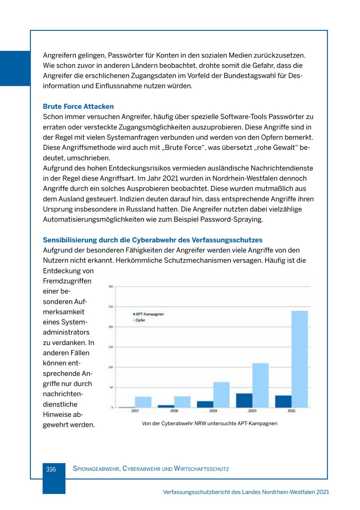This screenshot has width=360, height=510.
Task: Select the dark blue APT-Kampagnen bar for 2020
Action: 244,400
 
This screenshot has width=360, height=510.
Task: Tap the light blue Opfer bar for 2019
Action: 221,395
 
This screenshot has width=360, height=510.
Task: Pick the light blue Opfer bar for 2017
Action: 143,402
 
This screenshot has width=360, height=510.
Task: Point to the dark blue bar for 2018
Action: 166,406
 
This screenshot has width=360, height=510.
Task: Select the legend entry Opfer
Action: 140,320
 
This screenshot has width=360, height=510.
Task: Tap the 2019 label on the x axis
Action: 213,411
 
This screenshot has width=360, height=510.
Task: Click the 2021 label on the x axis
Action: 291,411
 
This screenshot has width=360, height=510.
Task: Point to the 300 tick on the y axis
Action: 111,286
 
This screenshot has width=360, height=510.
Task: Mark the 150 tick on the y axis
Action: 111,347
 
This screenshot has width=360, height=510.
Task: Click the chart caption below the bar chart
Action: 209,423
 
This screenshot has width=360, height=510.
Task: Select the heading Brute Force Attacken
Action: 78,107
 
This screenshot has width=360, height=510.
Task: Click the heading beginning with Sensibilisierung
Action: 152,240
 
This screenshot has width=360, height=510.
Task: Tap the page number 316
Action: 51,469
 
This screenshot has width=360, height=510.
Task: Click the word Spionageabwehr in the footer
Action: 96,469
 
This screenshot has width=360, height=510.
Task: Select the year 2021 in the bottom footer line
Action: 322,492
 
